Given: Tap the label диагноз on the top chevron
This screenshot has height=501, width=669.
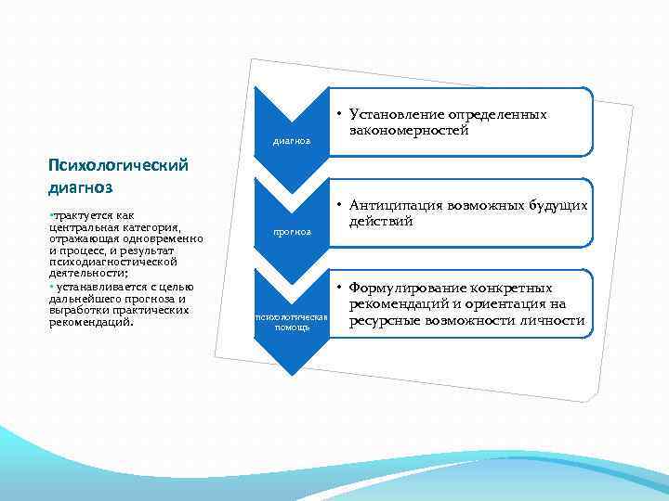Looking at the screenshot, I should pyautogui.click(x=291, y=143).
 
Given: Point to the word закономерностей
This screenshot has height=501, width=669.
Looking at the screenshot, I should pyautogui.click(x=409, y=131).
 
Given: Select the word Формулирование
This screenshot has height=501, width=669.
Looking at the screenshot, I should pyautogui.click(x=407, y=288).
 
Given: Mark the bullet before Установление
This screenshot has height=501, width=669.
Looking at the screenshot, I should pyautogui.click(x=341, y=115).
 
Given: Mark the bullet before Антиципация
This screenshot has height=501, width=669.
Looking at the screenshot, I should pyautogui.click(x=341, y=206).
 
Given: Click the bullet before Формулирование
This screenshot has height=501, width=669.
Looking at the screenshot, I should pyautogui.click(x=341, y=289).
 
